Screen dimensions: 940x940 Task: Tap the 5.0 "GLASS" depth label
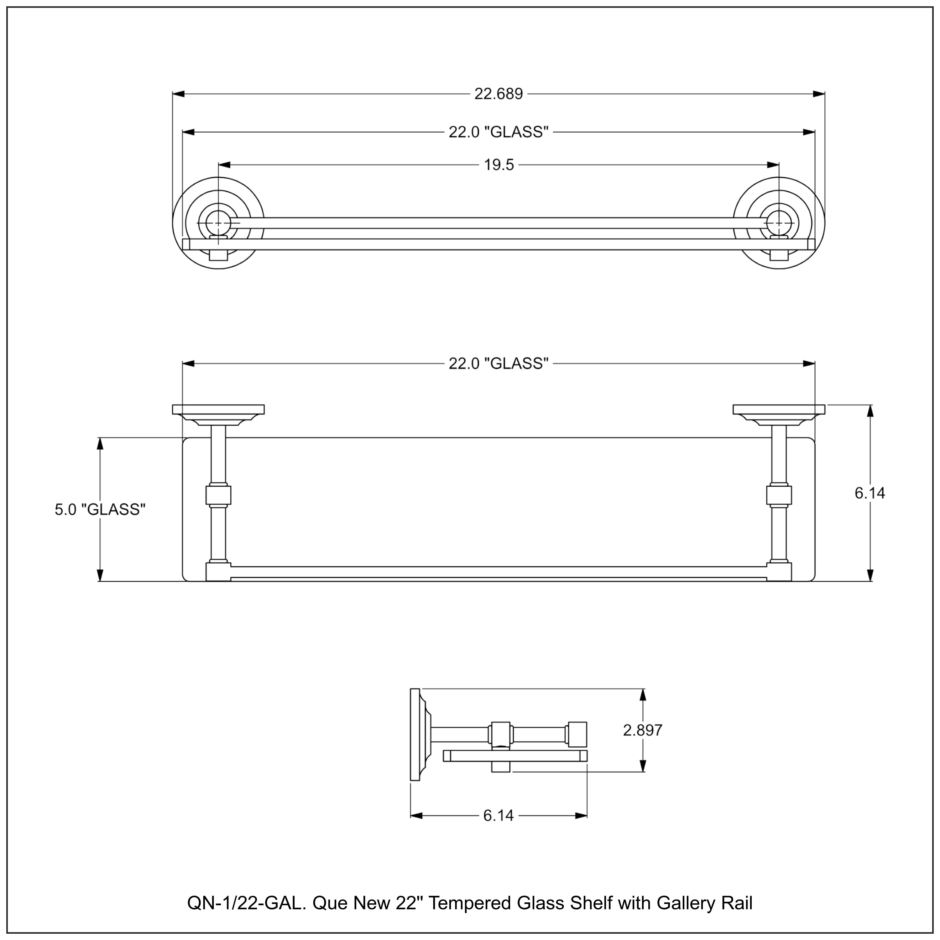pyautogui.click(x=100, y=509)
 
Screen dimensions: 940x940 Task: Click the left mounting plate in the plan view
pyautogui.click(x=218, y=410)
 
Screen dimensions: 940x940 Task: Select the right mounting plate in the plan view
pyautogui.click(x=779, y=410)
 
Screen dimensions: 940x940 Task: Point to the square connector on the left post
pyautogui.click(x=218, y=496)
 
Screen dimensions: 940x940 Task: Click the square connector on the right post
pyautogui.click(x=779, y=496)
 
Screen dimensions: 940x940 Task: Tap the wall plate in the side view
pyautogui.click(x=415, y=735)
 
